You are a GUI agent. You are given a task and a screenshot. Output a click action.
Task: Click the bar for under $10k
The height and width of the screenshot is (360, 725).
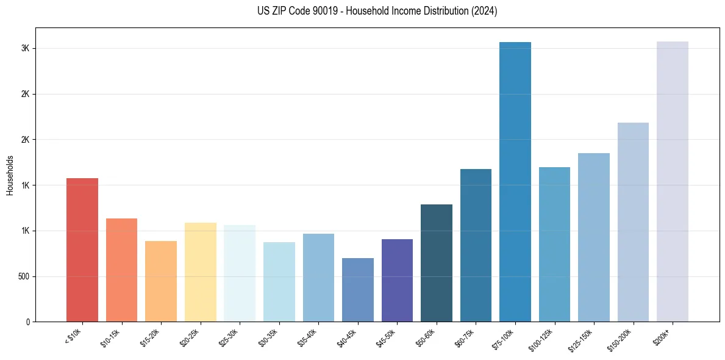82,250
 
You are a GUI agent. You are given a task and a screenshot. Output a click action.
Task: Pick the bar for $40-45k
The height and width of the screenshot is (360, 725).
358,290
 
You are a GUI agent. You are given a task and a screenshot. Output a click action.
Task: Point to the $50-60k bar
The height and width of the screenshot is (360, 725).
437,263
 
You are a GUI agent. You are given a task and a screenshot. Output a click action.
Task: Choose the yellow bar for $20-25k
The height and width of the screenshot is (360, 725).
201,272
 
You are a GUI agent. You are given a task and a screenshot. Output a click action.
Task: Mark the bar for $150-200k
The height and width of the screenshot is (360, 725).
633,222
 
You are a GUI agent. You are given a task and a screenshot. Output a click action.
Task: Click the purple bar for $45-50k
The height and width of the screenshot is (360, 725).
397,281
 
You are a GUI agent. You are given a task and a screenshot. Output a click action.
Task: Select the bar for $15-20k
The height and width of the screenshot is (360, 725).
161,281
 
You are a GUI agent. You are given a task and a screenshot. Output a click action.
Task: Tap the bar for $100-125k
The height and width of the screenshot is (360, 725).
554,244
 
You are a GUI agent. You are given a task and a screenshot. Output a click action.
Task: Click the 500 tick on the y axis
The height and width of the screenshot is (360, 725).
22,276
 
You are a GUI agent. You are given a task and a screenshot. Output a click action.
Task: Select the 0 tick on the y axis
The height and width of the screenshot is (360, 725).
27,322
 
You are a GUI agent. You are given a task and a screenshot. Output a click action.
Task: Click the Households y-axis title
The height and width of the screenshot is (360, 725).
10,175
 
